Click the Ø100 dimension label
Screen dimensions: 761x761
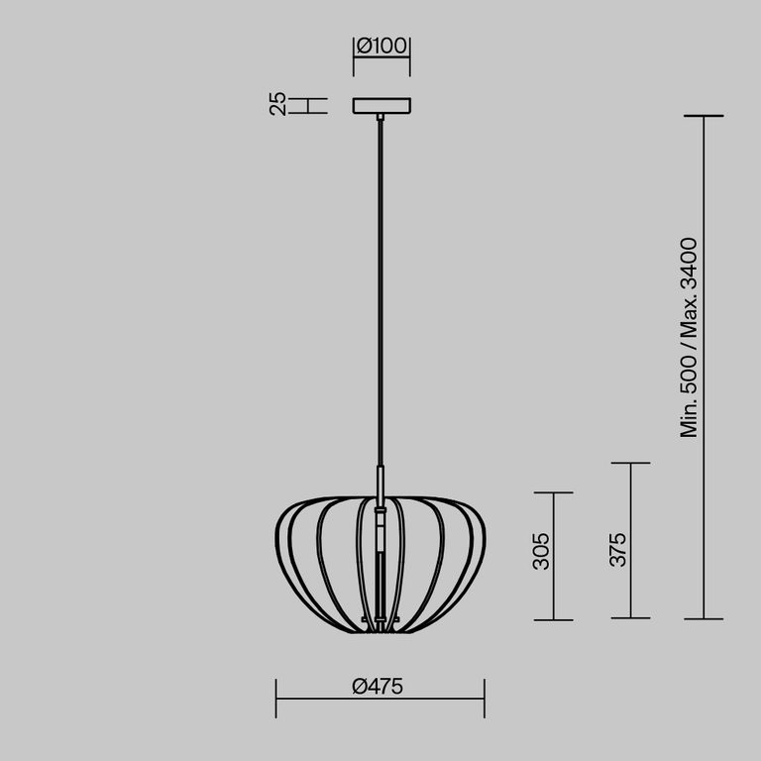[x=381, y=46]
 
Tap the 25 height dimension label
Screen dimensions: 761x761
[x=278, y=104]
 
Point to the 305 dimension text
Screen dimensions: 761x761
[x=540, y=551]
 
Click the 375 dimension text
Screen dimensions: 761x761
[x=618, y=549]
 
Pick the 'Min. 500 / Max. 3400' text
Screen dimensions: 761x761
[x=691, y=337]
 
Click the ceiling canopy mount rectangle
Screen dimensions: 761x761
[x=381, y=105]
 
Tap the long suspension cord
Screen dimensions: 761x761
[x=380, y=297]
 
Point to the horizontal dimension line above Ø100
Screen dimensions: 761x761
[x=381, y=57]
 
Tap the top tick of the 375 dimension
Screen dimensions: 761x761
[x=631, y=463]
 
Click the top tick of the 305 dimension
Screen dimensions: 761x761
[x=553, y=492]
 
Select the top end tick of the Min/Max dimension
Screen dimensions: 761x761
[x=704, y=116]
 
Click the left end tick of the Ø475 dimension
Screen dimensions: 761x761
[x=276, y=699]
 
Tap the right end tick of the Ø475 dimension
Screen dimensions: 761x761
[x=485, y=699]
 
